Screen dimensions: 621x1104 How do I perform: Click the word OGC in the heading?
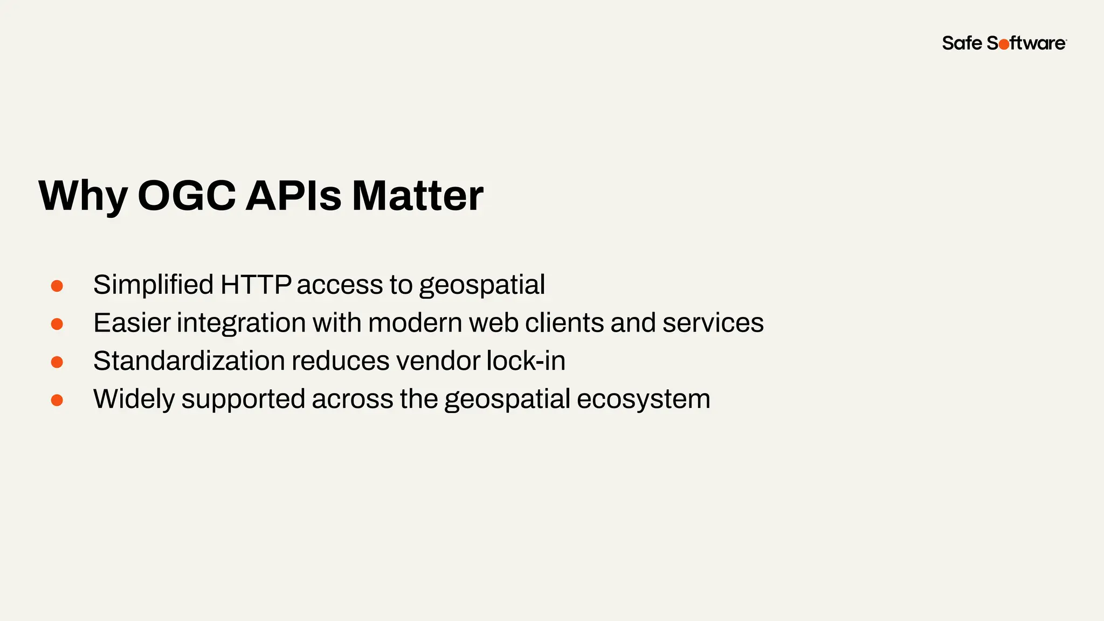pyautogui.click(x=187, y=195)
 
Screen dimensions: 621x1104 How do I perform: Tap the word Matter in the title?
pyautogui.click(x=417, y=195)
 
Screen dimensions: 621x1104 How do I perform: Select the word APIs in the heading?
pyautogui.click(x=293, y=195)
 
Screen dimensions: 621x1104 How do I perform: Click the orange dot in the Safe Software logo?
pyautogui.click(x=1004, y=45)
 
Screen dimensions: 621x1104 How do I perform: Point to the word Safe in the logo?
pyautogui.click(x=962, y=43)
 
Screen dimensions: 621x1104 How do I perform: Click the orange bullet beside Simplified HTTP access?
pyautogui.click(x=57, y=286)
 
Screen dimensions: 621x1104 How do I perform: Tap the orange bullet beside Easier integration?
pyautogui.click(x=57, y=324)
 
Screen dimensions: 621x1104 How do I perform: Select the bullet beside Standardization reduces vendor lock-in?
pyautogui.click(x=57, y=362)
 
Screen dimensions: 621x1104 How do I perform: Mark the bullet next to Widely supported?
pyautogui.click(x=57, y=400)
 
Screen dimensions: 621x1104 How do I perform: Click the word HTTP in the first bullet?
pyautogui.click(x=256, y=285)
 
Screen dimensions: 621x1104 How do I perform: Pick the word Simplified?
pyautogui.click(x=153, y=285)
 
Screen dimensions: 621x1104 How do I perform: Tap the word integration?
pyautogui.click(x=241, y=323)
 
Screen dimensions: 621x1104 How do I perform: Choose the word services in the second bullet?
pyautogui.click(x=713, y=323)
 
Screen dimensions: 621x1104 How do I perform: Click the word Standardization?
pyautogui.click(x=189, y=361)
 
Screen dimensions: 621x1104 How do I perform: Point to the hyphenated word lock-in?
pyautogui.click(x=526, y=361)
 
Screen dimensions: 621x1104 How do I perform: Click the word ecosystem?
pyautogui.click(x=643, y=399)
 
